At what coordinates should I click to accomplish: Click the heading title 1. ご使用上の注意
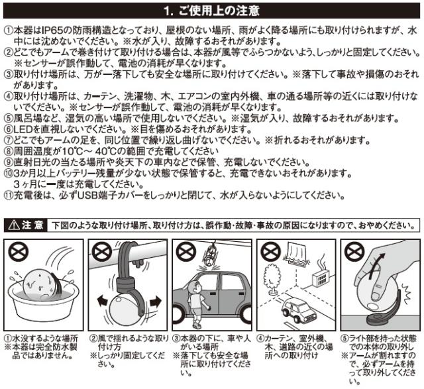click(211, 11)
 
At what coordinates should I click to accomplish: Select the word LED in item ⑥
click(23, 129)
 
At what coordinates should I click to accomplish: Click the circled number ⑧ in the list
click(9, 151)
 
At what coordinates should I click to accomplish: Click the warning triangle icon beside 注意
click(13, 225)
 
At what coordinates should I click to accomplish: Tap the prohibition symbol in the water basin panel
click(19, 252)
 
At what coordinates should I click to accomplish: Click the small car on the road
click(299, 310)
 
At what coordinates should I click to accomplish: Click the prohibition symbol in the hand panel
click(354, 252)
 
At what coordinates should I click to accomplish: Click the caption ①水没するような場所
click(41, 339)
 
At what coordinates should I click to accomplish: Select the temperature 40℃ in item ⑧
click(109, 151)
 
